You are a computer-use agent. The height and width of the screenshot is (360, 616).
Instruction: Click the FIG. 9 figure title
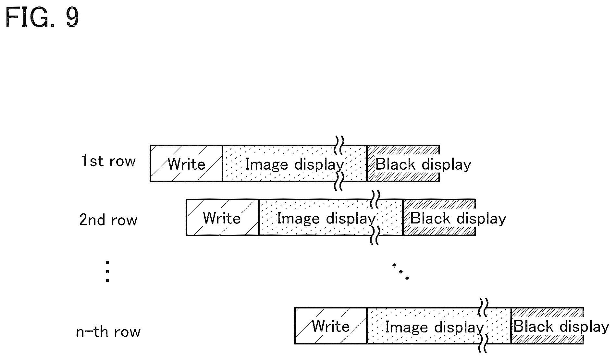click(43, 18)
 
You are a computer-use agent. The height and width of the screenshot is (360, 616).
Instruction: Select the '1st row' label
click(108, 161)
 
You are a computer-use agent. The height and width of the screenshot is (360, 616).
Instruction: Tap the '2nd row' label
click(108, 220)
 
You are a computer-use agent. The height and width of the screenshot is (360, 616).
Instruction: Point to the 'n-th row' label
click(108, 332)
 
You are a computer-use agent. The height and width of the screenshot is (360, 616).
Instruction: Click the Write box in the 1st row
click(186, 163)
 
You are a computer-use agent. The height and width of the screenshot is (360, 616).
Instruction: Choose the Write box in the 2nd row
click(223, 217)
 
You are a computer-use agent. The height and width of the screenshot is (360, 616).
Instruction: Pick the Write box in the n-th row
click(331, 325)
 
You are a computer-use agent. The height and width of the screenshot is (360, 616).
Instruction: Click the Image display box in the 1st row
click(295, 163)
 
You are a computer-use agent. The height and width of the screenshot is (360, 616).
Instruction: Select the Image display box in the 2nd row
click(331, 217)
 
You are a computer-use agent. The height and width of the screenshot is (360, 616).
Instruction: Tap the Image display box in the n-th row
click(439, 325)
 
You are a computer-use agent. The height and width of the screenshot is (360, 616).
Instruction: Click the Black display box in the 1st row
click(403, 163)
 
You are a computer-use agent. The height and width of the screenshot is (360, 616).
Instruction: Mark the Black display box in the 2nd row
click(439, 217)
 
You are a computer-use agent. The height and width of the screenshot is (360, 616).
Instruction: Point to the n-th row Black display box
click(547, 325)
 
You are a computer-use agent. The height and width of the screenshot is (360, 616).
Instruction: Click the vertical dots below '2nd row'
click(107, 272)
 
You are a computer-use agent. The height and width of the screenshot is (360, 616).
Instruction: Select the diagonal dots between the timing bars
click(400, 271)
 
